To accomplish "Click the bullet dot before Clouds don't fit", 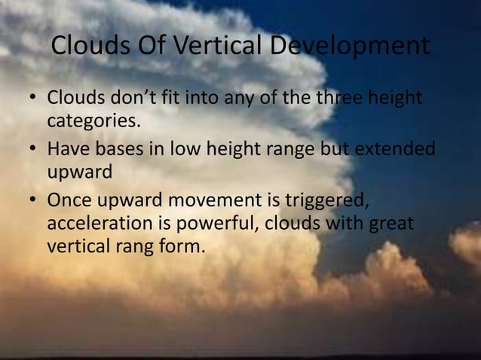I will click(x=32, y=100).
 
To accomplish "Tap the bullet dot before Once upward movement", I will click(x=32, y=203).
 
